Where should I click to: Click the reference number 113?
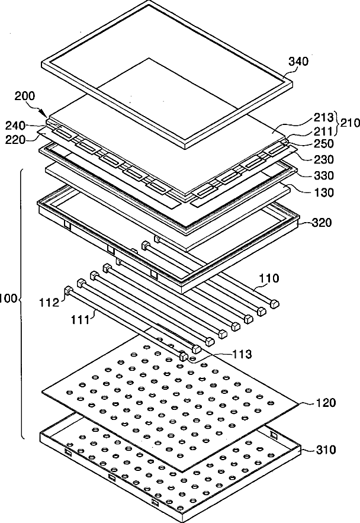tap(241, 355)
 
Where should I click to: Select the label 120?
tap(325, 403)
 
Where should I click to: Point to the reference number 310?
tap(325, 450)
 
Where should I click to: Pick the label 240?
tap(15, 125)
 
